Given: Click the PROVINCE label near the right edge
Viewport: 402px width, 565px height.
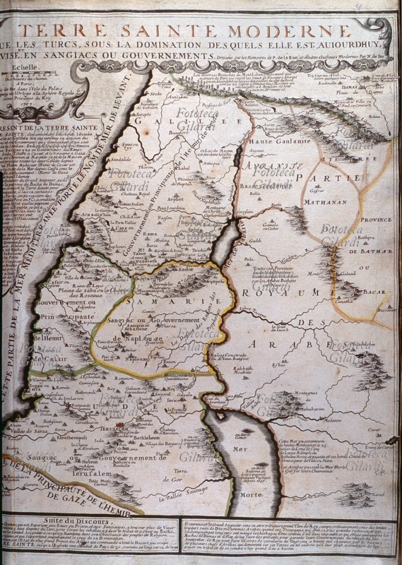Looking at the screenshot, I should pos(377,220).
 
